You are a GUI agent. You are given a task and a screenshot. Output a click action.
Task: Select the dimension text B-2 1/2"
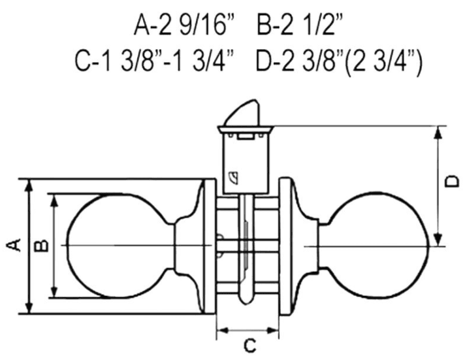(300, 25)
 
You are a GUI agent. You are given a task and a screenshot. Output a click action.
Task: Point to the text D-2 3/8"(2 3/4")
(338, 61)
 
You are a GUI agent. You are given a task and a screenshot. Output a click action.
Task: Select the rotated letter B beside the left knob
(41, 246)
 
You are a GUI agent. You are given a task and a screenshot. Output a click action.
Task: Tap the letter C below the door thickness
(249, 345)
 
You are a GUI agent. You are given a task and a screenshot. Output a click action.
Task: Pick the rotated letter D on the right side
(452, 182)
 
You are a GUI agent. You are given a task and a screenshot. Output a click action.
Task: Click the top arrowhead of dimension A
(29, 185)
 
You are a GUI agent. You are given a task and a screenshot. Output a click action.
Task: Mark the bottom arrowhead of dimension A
(29, 308)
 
